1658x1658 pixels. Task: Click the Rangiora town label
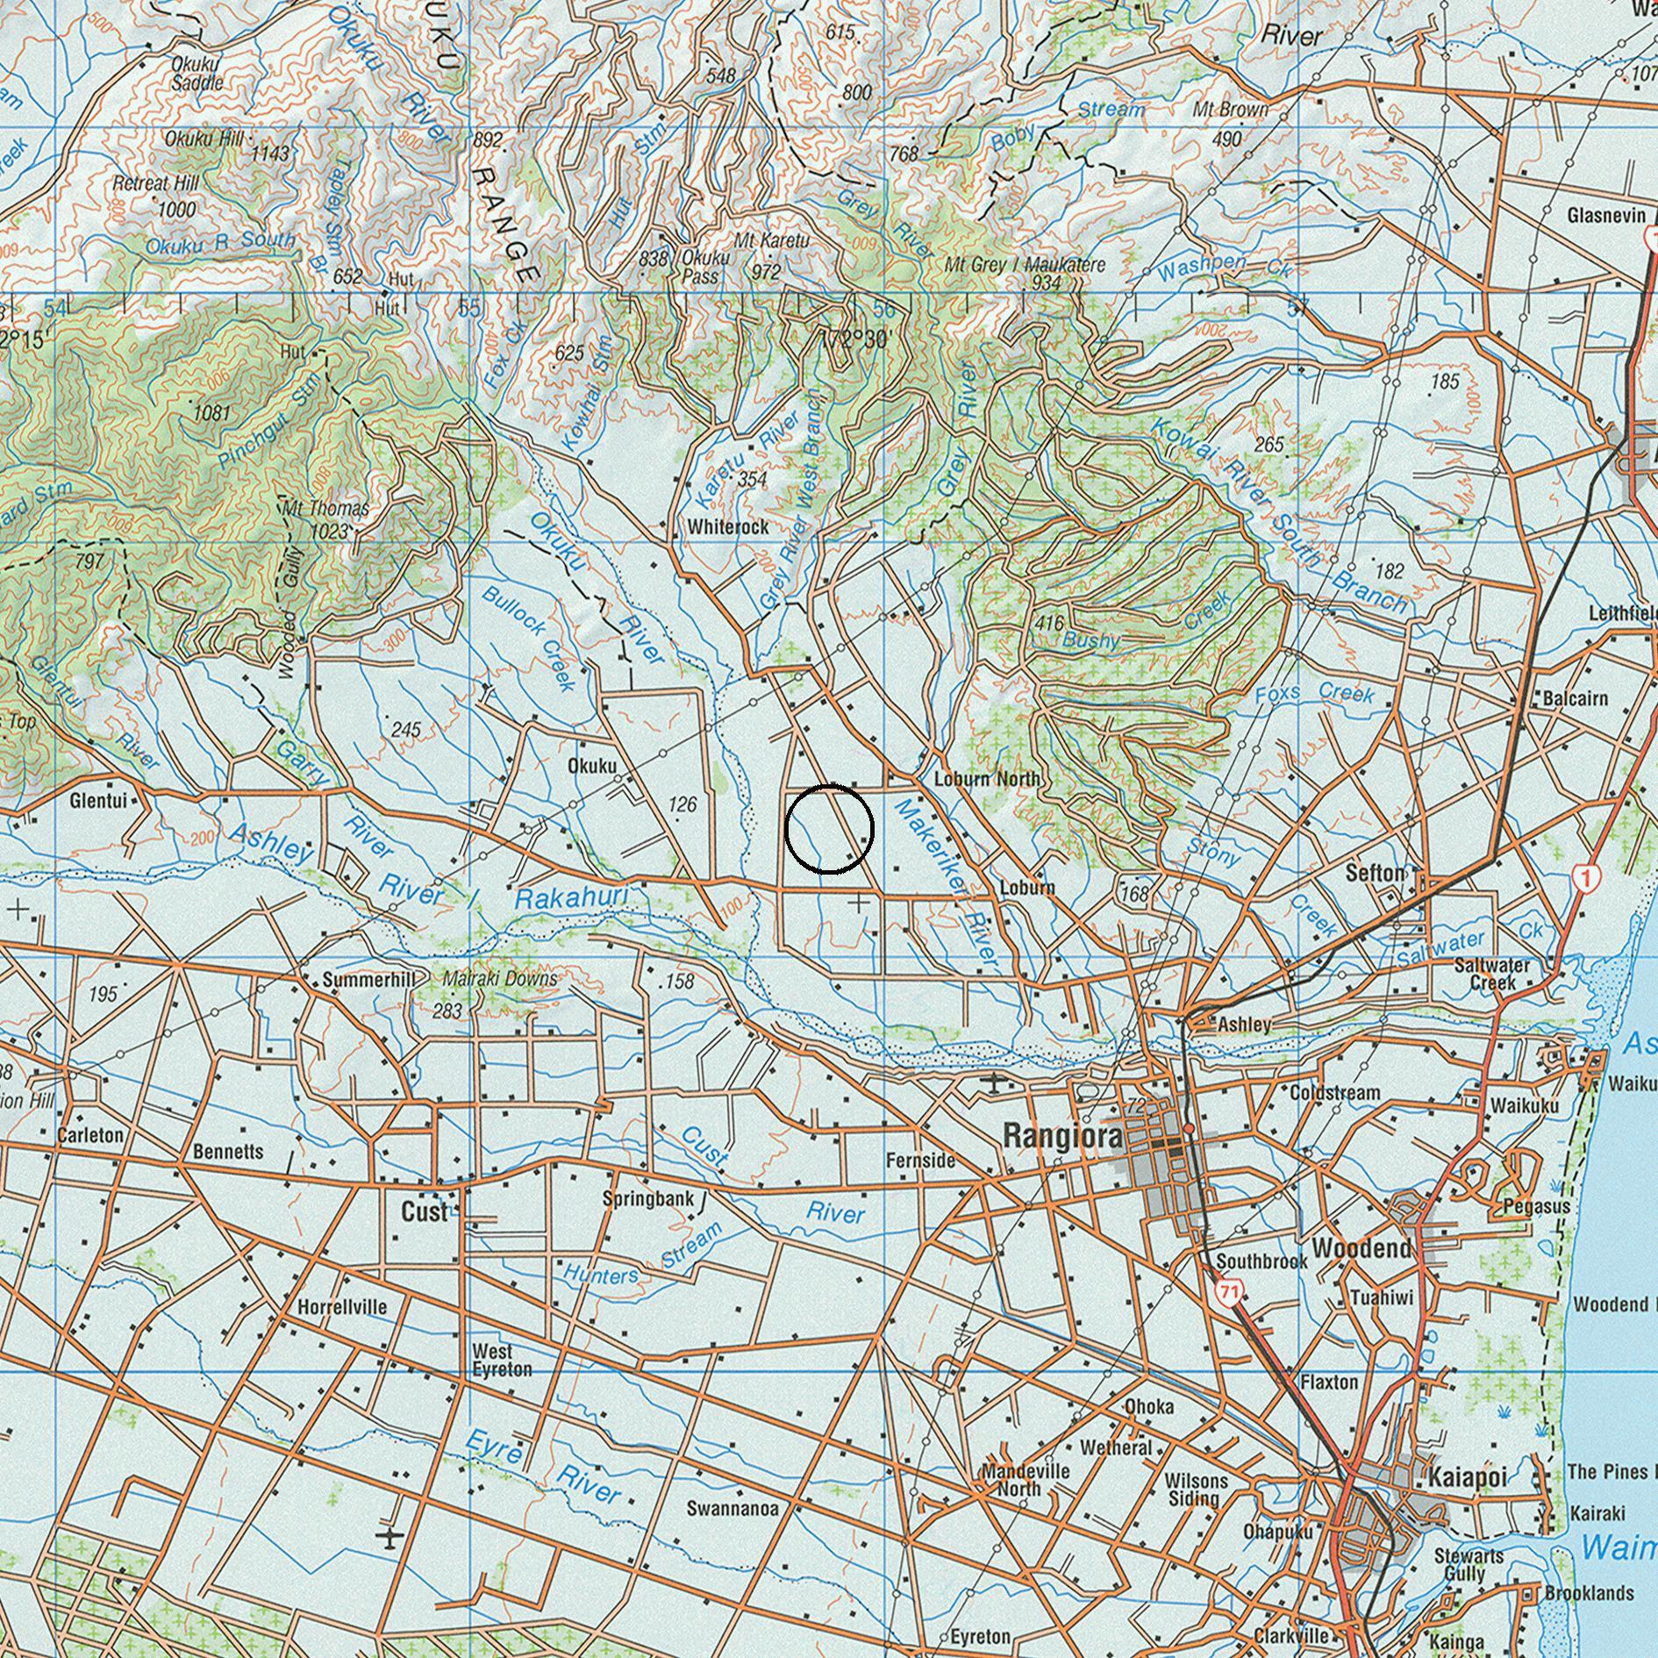tap(1061, 1138)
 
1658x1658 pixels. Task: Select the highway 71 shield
tap(1229, 1291)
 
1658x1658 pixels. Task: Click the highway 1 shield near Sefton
tap(1585, 876)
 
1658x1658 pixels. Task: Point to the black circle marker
tap(829, 829)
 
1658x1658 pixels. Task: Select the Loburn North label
tap(987, 778)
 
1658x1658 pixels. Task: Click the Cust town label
tap(424, 1211)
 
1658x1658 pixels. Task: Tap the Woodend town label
tap(1361, 1248)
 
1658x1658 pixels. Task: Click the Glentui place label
tap(98, 801)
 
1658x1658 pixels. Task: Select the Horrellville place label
tap(341, 1307)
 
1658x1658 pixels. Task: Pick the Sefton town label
tap(1375, 873)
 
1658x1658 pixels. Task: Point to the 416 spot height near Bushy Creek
tap(1048, 624)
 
